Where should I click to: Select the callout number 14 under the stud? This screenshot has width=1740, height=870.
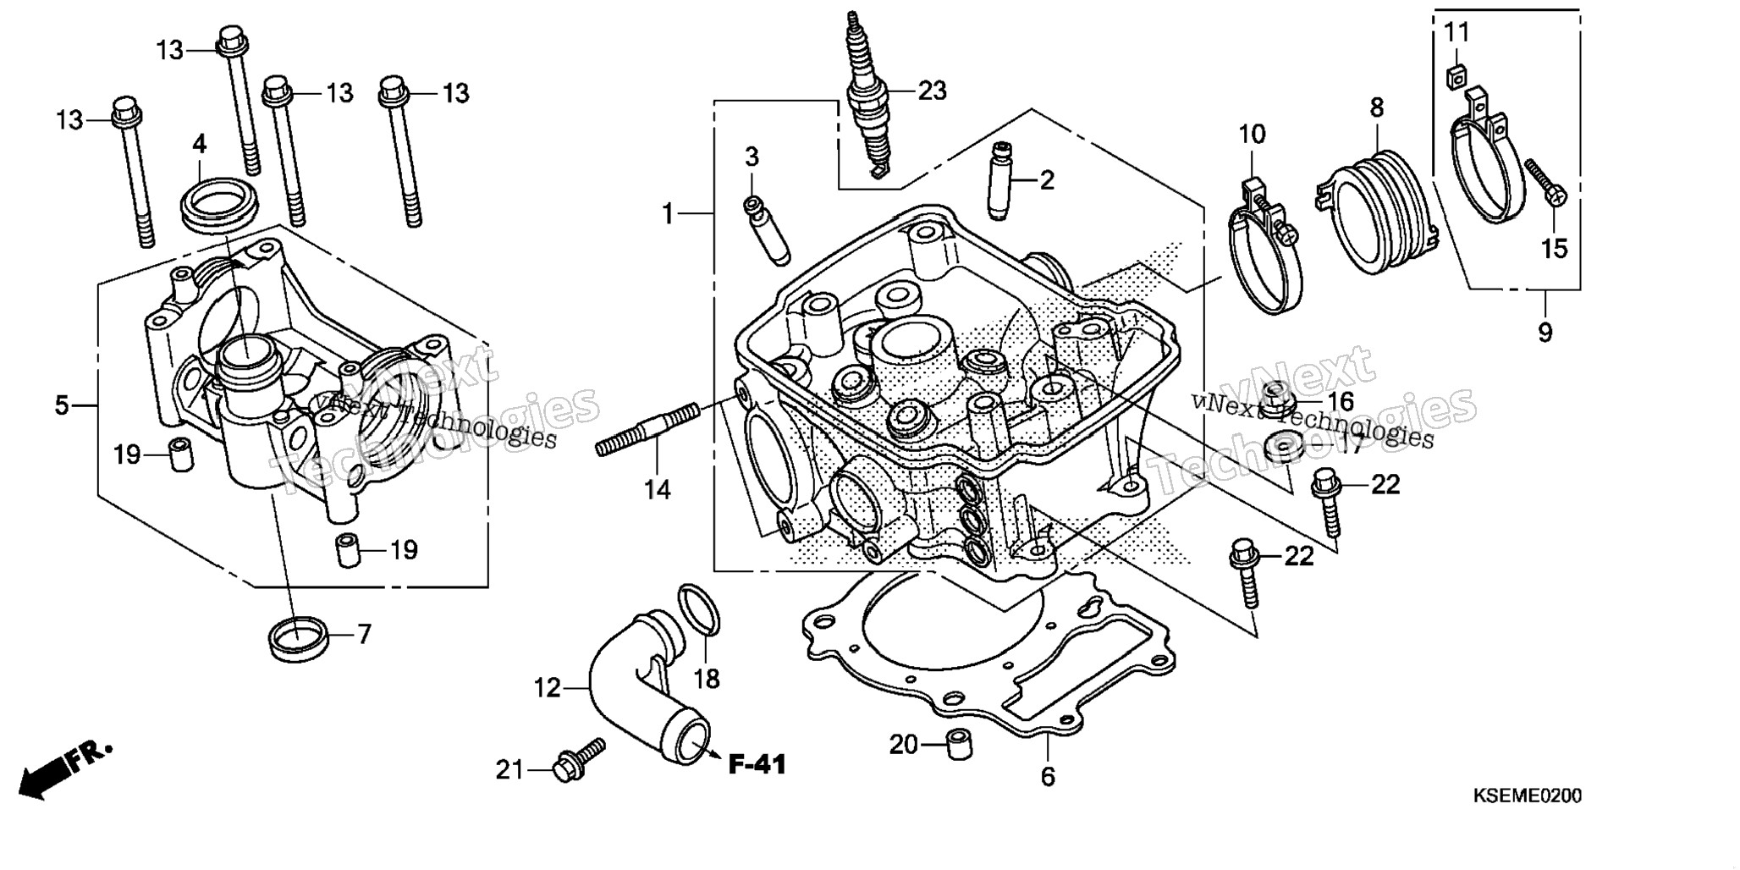(x=657, y=489)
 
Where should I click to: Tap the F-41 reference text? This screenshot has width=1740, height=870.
(x=757, y=765)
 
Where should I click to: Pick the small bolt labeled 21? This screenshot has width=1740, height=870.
(x=579, y=758)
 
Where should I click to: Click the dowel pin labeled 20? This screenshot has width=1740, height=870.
(x=959, y=745)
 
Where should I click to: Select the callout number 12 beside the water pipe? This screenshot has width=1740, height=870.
(x=548, y=688)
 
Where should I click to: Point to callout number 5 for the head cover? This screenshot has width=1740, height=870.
(x=62, y=405)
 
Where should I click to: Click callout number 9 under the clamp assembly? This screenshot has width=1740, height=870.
(x=1545, y=333)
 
